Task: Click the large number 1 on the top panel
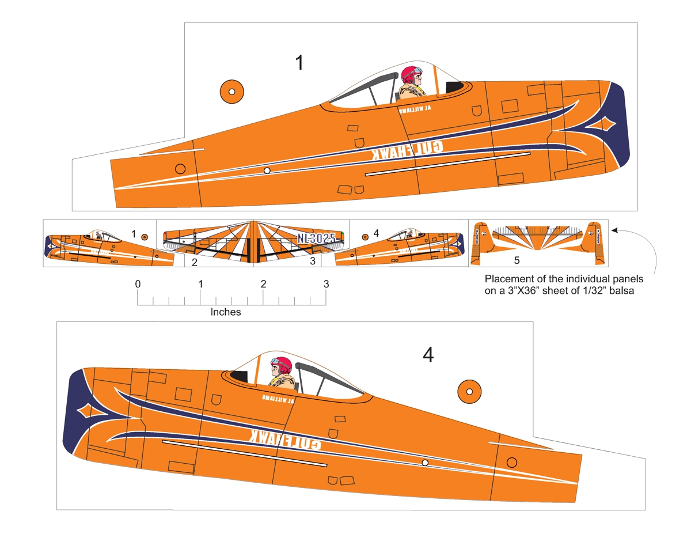tap(299, 63)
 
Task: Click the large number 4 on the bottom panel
tap(428, 355)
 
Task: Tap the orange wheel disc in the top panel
tap(231, 91)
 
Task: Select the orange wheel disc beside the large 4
tap(469, 391)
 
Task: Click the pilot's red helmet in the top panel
tap(411, 74)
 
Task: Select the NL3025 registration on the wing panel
tap(316, 238)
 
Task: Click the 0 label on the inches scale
tap(137, 284)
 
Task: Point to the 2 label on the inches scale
tap(263, 284)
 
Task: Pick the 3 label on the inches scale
tap(326, 284)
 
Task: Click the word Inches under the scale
tap(226, 312)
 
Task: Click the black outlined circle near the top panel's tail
tap(180, 168)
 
